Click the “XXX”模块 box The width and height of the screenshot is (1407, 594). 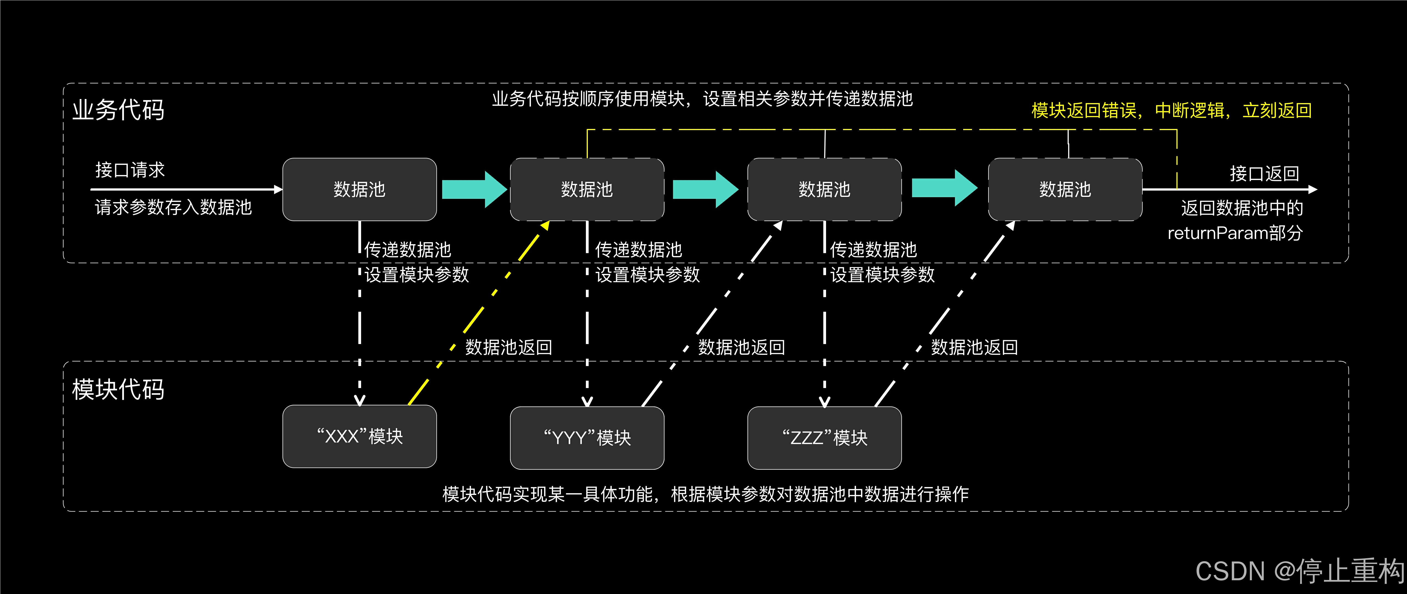[359, 436]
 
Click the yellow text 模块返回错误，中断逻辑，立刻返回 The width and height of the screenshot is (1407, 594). [1171, 110]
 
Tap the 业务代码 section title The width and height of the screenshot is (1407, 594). [118, 110]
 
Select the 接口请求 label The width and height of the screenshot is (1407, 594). [130, 170]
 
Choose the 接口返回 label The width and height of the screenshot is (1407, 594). [1264, 174]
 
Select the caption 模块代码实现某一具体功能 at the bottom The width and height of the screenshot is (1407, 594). [705, 494]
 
